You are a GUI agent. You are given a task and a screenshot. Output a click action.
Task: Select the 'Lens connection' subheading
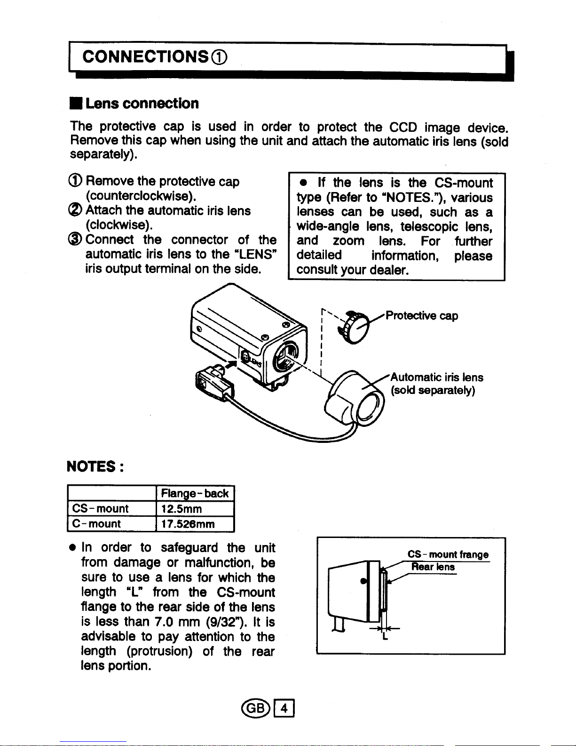click(x=142, y=104)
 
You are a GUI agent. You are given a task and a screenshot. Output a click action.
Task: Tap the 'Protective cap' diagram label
click(x=421, y=315)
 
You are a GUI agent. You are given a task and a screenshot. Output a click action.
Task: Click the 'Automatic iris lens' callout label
click(x=437, y=377)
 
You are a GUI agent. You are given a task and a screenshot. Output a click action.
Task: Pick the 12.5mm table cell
click(x=181, y=509)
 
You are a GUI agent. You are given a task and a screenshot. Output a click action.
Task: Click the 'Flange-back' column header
click(x=195, y=493)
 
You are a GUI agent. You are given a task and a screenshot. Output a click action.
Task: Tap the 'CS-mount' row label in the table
click(x=100, y=509)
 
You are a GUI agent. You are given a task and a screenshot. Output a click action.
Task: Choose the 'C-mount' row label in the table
click(x=96, y=524)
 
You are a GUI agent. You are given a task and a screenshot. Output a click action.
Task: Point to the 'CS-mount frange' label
click(x=448, y=555)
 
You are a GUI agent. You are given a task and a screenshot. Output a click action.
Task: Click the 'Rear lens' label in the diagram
click(x=433, y=567)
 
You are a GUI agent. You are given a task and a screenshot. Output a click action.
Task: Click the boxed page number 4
click(x=284, y=708)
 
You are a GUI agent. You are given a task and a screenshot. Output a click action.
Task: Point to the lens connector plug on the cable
click(x=213, y=383)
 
